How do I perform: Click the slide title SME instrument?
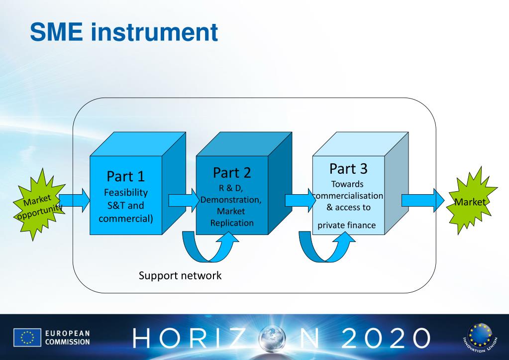pyautogui.click(x=124, y=32)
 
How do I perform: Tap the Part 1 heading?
pyautogui.click(x=125, y=176)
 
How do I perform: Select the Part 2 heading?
pyautogui.click(x=232, y=173)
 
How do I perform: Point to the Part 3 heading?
pyautogui.click(x=348, y=169)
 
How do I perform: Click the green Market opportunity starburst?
pyautogui.click(x=38, y=204)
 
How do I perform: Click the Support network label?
pyautogui.click(x=180, y=275)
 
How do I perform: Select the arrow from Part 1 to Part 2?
pyautogui.click(x=184, y=201)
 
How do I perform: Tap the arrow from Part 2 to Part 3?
pyautogui.click(x=301, y=201)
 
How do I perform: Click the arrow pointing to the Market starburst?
pyautogui.click(x=423, y=201)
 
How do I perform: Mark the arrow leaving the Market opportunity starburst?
pyautogui.click(x=74, y=201)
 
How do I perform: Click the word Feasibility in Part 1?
pyautogui.click(x=125, y=192)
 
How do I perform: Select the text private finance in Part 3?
pyautogui.click(x=347, y=225)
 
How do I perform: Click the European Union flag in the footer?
pyautogui.click(x=27, y=337)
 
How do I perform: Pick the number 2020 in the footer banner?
pyautogui.click(x=386, y=338)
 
